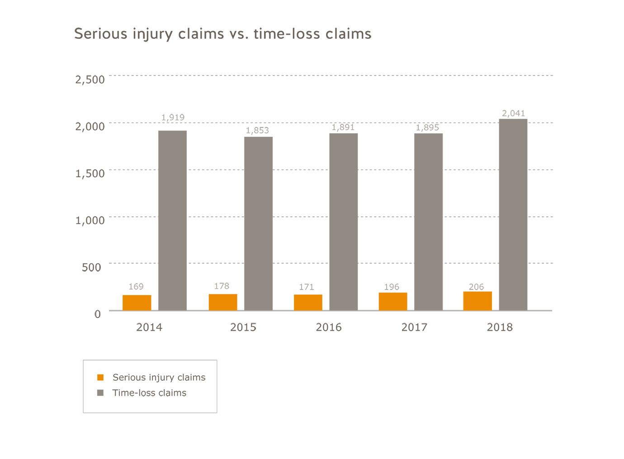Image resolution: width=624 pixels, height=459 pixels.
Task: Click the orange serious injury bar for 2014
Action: (x=137, y=302)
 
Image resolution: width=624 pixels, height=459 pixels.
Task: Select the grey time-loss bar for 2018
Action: (x=513, y=215)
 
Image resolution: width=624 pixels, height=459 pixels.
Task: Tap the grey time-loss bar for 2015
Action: (x=258, y=223)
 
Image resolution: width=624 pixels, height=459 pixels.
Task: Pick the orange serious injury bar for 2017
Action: (x=392, y=301)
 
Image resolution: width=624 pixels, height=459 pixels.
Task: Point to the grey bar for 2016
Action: (x=343, y=221)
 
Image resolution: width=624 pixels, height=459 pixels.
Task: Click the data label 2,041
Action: (x=513, y=113)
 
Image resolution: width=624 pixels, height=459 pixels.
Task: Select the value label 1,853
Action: (x=257, y=131)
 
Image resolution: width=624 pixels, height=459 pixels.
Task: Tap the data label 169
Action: (x=136, y=287)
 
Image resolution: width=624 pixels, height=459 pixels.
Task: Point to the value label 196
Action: (x=391, y=287)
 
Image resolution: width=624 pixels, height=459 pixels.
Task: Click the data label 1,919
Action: (x=173, y=117)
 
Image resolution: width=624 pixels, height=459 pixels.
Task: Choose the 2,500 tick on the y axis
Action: (x=90, y=80)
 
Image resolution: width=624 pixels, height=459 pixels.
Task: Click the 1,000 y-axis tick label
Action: (x=90, y=220)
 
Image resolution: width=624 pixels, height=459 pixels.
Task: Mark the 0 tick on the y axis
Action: (x=97, y=314)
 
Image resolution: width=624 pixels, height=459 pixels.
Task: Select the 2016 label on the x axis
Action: (x=328, y=328)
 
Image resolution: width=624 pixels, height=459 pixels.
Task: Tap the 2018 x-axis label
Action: (x=499, y=328)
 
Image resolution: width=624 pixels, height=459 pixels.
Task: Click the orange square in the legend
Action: (x=100, y=377)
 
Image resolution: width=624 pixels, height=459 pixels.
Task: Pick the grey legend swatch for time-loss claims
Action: (x=100, y=393)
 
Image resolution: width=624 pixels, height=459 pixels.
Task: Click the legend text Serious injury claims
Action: (x=159, y=377)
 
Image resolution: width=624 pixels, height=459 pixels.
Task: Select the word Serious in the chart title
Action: (x=101, y=34)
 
